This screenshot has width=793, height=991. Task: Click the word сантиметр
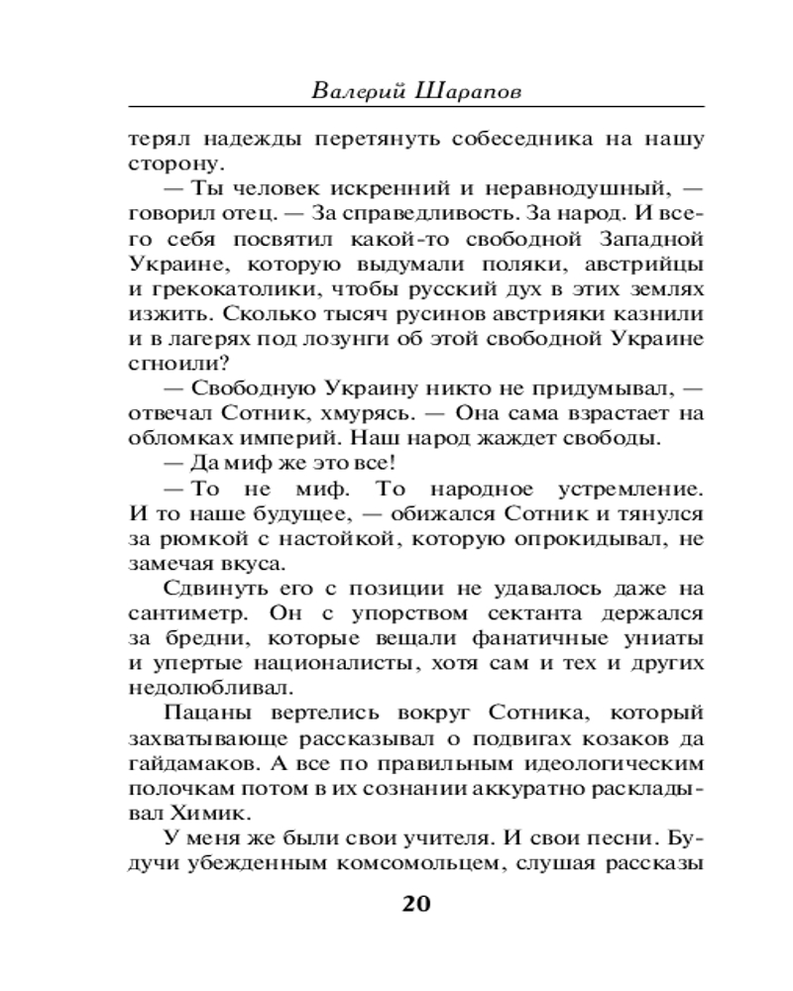tap(181, 614)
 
